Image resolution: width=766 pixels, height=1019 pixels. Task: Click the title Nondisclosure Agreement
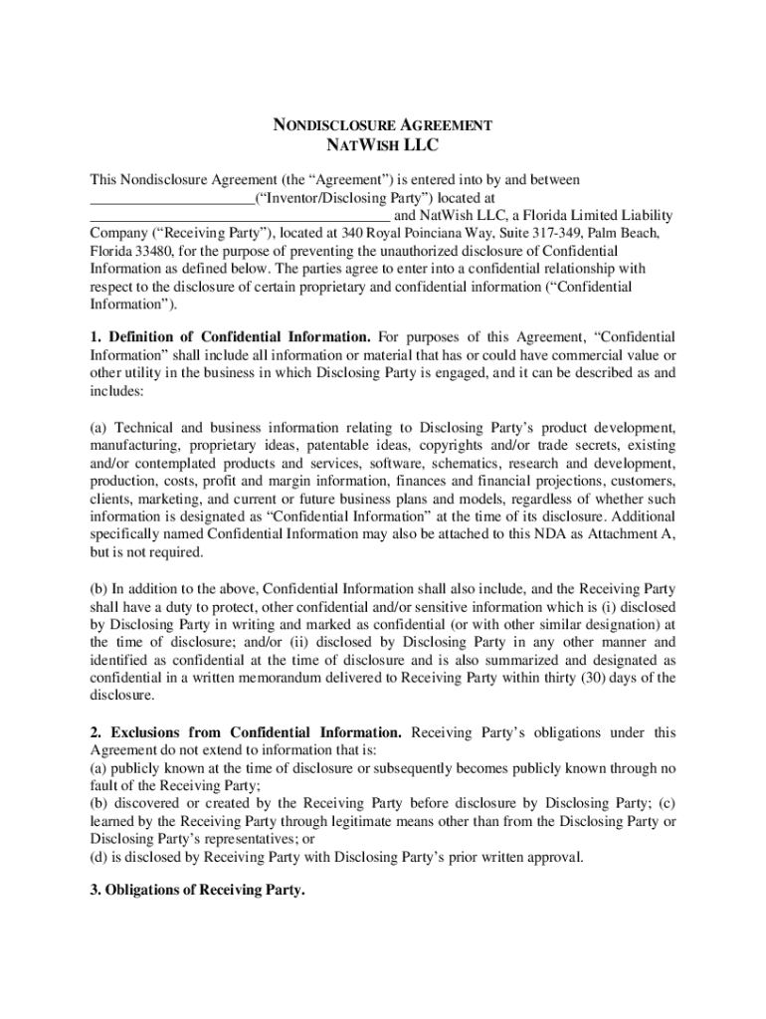pos(383,126)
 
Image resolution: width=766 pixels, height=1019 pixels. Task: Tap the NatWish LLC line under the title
pos(383,145)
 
